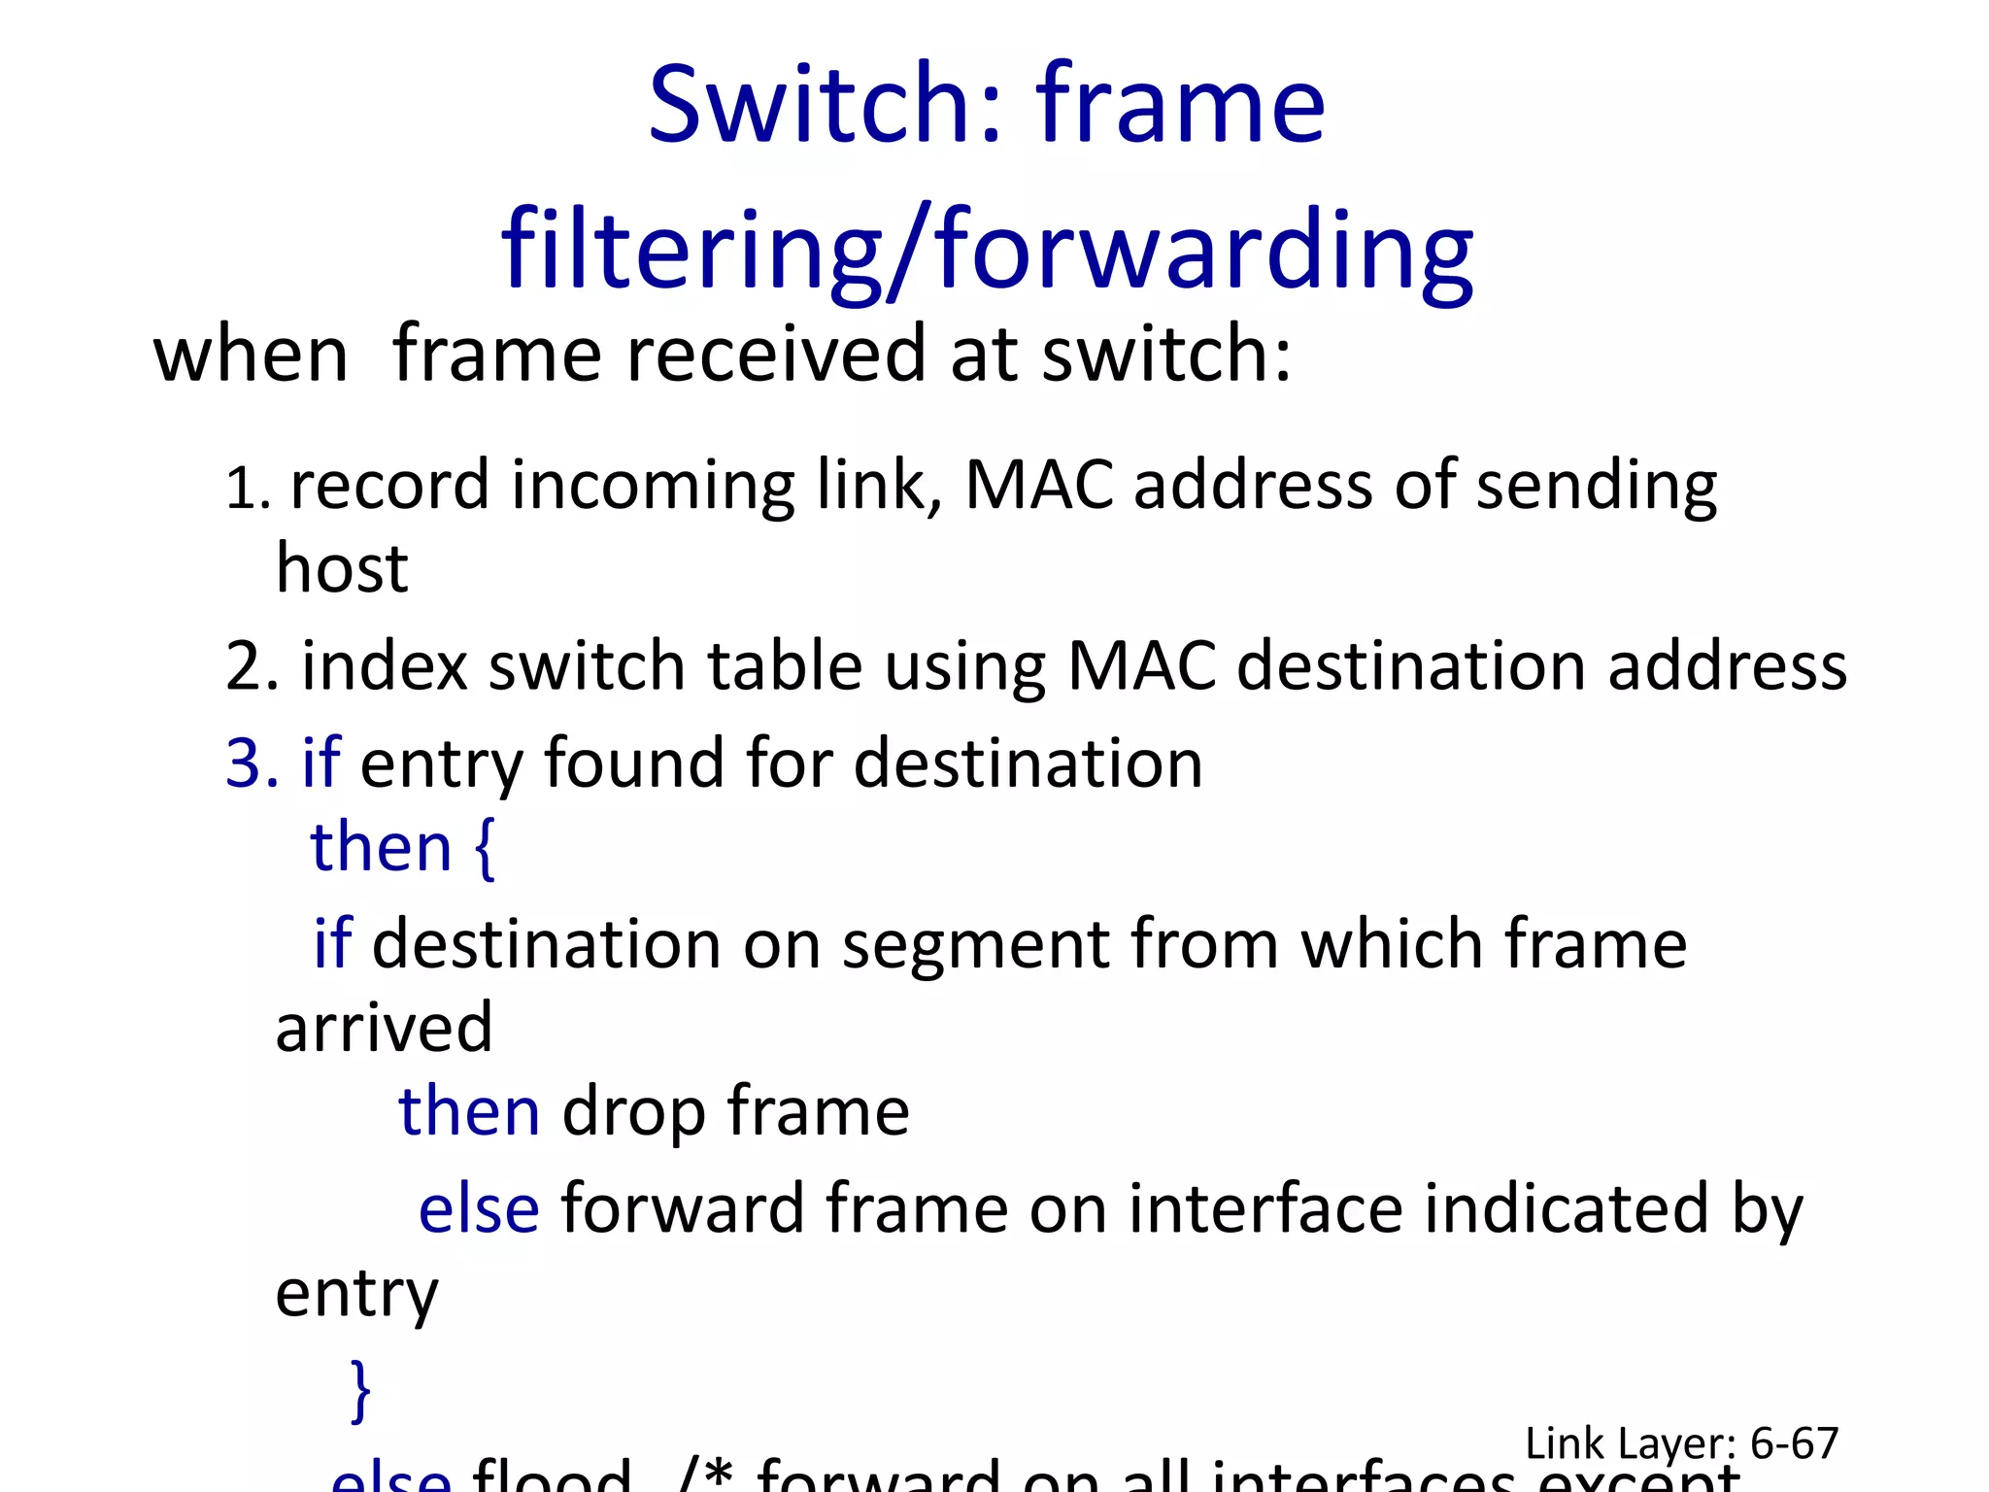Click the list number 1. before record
point(247,488)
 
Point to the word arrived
point(384,1028)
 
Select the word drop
point(633,1113)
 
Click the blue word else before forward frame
point(478,1210)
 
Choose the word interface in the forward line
point(1264,1210)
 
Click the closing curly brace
point(360,1391)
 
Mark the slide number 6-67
point(1794,1443)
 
